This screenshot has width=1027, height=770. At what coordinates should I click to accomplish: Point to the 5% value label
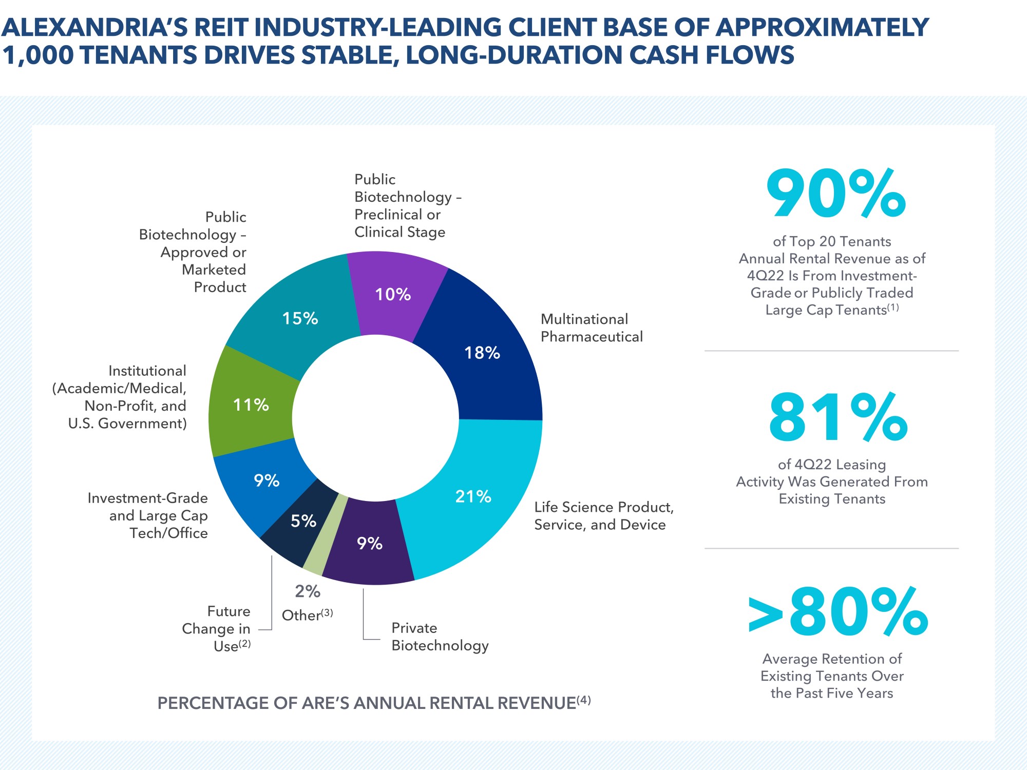tap(303, 521)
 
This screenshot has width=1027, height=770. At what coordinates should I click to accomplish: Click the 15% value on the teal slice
tap(300, 318)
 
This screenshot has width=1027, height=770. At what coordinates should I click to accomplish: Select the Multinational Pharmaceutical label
tap(592, 328)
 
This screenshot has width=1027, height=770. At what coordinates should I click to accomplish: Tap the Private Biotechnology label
tap(440, 637)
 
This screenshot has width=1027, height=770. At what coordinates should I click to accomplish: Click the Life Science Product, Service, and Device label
tap(603, 516)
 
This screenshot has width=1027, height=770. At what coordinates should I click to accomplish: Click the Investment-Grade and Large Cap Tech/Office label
tap(148, 515)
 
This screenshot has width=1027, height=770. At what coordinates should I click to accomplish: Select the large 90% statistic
tap(835, 194)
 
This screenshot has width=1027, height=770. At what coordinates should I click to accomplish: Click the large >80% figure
tap(838, 612)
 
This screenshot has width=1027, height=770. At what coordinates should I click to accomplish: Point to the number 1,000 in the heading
tap(38, 55)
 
